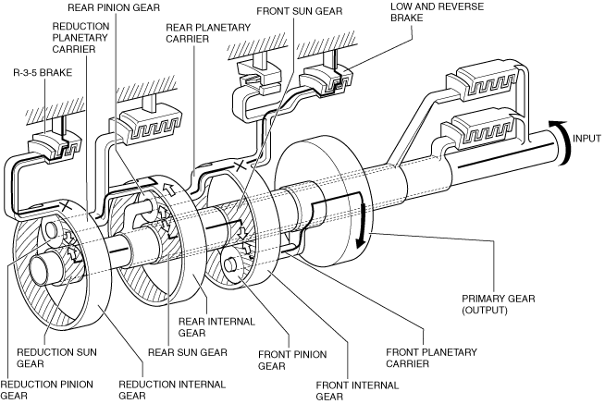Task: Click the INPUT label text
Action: pyautogui.click(x=586, y=138)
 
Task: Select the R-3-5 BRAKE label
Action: pyautogui.click(x=43, y=72)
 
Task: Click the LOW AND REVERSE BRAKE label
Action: pyautogui.click(x=437, y=12)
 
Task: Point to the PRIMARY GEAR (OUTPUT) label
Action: pyautogui.click(x=498, y=304)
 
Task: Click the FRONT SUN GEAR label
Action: pyautogui.click(x=300, y=11)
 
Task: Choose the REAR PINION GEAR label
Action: pyautogui.click(x=114, y=7)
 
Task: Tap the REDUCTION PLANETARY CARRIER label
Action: pyautogui.click(x=80, y=37)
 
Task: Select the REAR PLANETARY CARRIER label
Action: pyautogui.click(x=208, y=33)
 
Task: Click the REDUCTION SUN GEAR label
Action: pyautogui.click(x=56, y=358)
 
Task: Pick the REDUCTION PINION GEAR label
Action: pyautogui.click(x=46, y=390)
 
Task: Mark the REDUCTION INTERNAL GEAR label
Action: pyautogui.click(x=172, y=390)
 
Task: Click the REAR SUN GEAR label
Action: pyautogui.click(x=188, y=352)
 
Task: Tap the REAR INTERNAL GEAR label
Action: pyautogui.click(x=216, y=327)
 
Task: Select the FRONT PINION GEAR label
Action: pyautogui.click(x=292, y=360)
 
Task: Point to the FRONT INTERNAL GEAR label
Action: pyautogui.click(x=357, y=390)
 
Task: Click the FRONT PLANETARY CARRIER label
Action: pyautogui.click(x=431, y=358)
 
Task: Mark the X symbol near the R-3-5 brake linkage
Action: pyautogui.click(x=66, y=204)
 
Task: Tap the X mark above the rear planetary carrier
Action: pyautogui.click(x=240, y=166)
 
